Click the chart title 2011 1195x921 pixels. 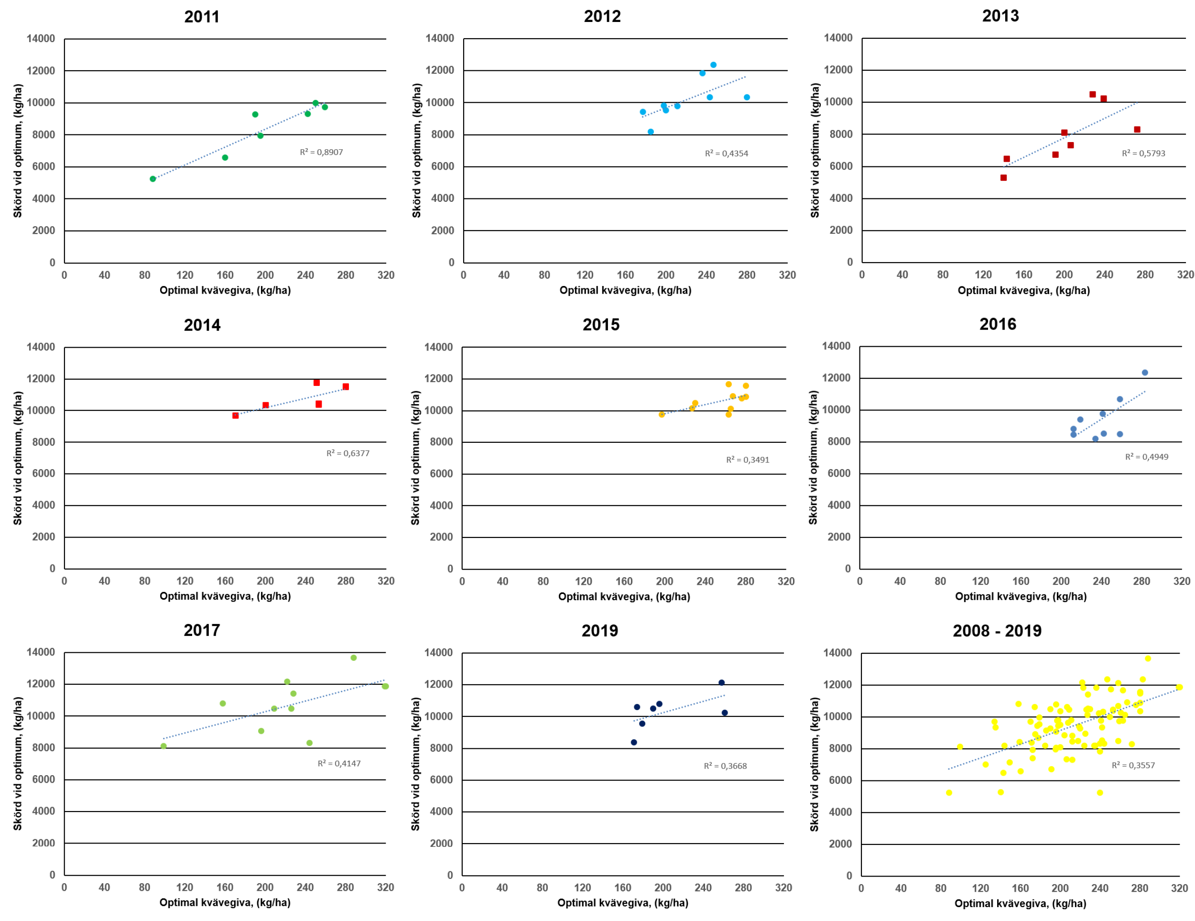[201, 16]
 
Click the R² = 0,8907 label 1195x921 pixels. [321, 152]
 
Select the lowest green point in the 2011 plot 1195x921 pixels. [152, 179]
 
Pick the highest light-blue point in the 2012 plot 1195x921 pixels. [713, 65]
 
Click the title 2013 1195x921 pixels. [1000, 16]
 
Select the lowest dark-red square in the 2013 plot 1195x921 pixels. [1003, 178]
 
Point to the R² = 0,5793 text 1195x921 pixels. [1143, 153]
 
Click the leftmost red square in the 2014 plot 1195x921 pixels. [235, 416]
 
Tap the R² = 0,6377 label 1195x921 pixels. [348, 453]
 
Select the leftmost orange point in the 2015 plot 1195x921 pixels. [662, 415]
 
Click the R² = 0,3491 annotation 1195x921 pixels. [748, 460]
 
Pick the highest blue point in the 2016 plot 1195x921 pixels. [1145, 373]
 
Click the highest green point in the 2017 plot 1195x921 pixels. [353, 658]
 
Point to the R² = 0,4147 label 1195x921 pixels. [339, 763]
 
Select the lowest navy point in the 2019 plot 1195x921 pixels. [634, 743]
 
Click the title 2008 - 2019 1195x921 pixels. [997, 631]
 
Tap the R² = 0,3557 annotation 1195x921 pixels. [1133, 765]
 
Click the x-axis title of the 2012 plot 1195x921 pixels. [625, 291]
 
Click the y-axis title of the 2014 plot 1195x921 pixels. [18, 458]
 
